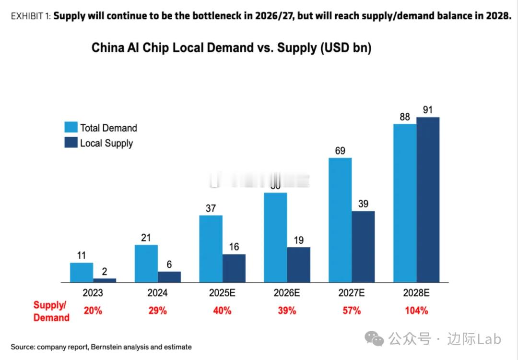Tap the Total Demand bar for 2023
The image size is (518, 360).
pyautogui.click(x=82, y=272)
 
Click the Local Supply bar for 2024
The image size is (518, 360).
pyautogui.click(x=169, y=276)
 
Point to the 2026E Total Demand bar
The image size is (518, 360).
pyautogui.click(x=276, y=237)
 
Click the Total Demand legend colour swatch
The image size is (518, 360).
pyautogui.click(x=71, y=127)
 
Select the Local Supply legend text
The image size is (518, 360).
pyautogui.click(x=106, y=143)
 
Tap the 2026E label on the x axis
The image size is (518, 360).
pyautogui.click(x=287, y=292)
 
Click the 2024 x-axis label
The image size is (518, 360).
pyautogui.click(x=157, y=292)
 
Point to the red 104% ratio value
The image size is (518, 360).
pyautogui.click(x=416, y=311)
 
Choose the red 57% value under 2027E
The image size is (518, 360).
pyautogui.click(x=352, y=311)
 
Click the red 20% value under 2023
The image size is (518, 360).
pyautogui.click(x=93, y=311)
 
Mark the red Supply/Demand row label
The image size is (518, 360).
pyautogui.click(x=51, y=311)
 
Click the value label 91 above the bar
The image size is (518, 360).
pyautogui.click(x=428, y=110)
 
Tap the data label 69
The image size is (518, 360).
pyautogui.click(x=340, y=150)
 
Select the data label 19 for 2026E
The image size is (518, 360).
pyautogui.click(x=298, y=240)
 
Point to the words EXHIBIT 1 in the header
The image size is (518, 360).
pyautogui.click(x=30, y=15)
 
